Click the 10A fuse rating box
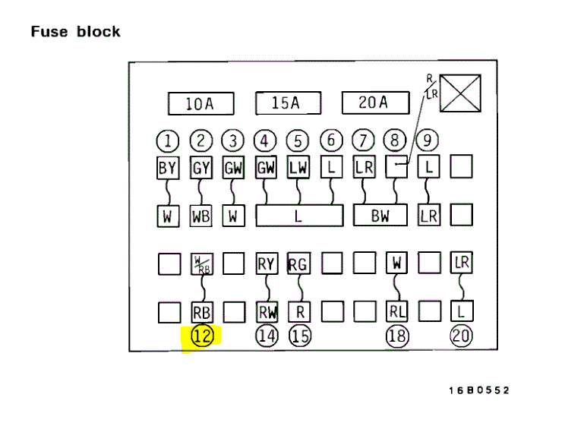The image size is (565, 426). click(x=200, y=104)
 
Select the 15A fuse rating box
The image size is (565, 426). click(x=285, y=103)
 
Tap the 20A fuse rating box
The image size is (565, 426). click(x=374, y=103)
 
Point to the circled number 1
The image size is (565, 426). click(x=167, y=140)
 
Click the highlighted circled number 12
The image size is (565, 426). click(x=201, y=336)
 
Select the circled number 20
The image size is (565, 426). click(x=462, y=335)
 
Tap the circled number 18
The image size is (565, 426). click(x=397, y=335)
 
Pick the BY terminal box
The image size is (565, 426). click(x=167, y=167)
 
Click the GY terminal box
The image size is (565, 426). click(x=200, y=167)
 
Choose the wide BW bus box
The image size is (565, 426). click(x=380, y=216)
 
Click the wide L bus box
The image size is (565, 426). click(x=298, y=216)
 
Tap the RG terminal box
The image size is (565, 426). click(x=299, y=263)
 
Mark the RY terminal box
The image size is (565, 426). click(x=266, y=263)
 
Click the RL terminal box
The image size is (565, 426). click(x=397, y=312)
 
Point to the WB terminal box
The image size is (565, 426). click(x=200, y=216)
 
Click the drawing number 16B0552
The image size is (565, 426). click(x=479, y=390)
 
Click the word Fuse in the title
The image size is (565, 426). click(x=49, y=32)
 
